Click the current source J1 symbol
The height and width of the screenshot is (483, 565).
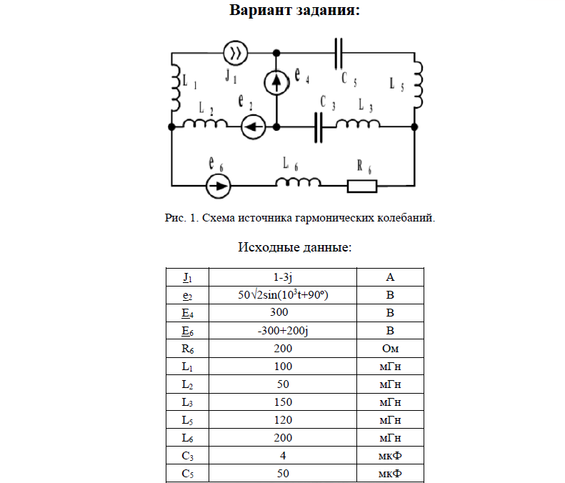[x=236, y=53]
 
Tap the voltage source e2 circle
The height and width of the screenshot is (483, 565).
[x=253, y=127]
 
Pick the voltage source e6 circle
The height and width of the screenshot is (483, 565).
[x=218, y=186]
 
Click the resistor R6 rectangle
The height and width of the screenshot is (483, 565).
[x=362, y=186]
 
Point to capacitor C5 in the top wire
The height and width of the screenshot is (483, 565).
[x=340, y=53]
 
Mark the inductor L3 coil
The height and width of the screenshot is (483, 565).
[x=358, y=125]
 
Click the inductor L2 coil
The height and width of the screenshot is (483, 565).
[x=206, y=124]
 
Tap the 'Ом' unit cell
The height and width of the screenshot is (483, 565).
[x=390, y=349]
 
